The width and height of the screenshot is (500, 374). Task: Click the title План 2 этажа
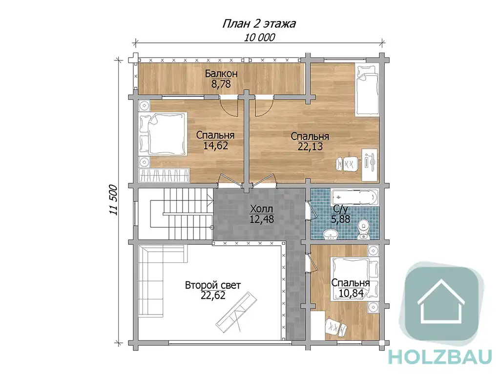point(259,24)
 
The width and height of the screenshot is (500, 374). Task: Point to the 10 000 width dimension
point(260,38)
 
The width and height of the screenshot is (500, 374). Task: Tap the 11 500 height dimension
point(114,200)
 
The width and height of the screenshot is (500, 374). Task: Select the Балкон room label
point(221,74)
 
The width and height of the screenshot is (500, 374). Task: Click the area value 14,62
point(215,146)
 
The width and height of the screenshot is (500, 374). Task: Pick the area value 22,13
point(310,146)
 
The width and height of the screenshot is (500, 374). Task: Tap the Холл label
point(262,209)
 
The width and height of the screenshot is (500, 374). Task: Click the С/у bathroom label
point(340,209)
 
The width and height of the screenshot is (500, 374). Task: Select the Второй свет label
point(213,285)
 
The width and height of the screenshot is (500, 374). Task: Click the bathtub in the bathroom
point(354,197)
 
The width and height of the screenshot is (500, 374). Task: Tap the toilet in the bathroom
point(363,229)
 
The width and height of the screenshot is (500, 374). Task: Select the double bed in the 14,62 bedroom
point(163,134)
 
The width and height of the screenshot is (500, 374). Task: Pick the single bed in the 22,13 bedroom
point(367,90)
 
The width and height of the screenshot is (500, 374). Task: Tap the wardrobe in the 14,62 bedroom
point(164,176)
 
